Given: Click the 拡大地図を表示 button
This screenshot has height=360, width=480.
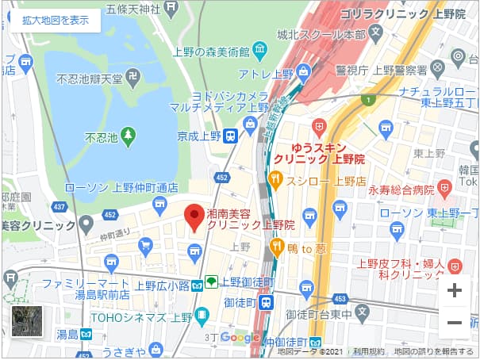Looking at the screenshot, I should coord(56,21).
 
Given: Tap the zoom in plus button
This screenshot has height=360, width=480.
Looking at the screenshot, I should coord(454,290).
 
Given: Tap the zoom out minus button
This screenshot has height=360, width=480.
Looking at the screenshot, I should coord(454,323).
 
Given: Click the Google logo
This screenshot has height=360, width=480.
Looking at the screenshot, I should coord(240,338).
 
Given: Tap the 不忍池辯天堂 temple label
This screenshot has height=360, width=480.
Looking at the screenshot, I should coord(89,79).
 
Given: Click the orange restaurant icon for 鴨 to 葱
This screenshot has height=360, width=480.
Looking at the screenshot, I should coord(277,247).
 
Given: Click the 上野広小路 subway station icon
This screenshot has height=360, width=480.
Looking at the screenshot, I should coord(211,281).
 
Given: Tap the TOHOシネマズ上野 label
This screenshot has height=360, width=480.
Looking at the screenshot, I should coord(144,316).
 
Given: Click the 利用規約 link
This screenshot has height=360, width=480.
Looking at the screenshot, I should coord(369,350).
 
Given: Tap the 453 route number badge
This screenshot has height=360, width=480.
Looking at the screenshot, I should coord(340,298).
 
